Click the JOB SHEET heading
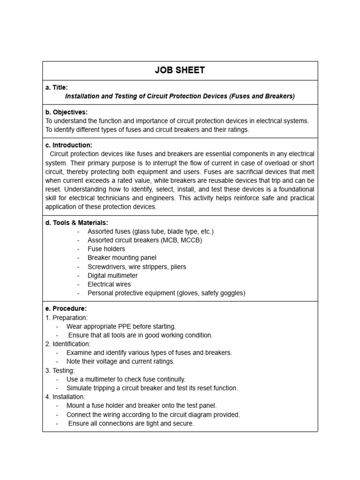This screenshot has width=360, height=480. (180, 71)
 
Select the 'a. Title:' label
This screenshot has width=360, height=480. (57, 87)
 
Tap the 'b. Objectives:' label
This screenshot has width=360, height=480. (67, 112)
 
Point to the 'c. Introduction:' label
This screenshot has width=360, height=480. (69, 145)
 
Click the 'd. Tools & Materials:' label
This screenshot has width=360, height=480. (76, 223)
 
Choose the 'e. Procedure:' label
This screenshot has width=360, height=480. (66, 308)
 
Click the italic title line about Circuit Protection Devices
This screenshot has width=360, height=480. (180, 96)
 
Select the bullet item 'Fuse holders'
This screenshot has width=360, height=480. (106, 249)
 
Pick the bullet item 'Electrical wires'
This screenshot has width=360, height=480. (109, 284)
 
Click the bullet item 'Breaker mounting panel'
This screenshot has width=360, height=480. (122, 258)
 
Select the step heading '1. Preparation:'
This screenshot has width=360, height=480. (67, 318)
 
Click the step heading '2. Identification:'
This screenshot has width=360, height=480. (68, 344)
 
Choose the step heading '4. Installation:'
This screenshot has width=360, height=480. (65, 397)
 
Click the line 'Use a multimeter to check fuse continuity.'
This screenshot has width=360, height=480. (126, 379)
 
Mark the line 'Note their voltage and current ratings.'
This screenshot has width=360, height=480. (120, 361)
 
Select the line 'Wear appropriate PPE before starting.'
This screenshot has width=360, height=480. (121, 326)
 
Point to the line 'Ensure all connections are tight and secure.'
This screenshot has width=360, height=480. (131, 423)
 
